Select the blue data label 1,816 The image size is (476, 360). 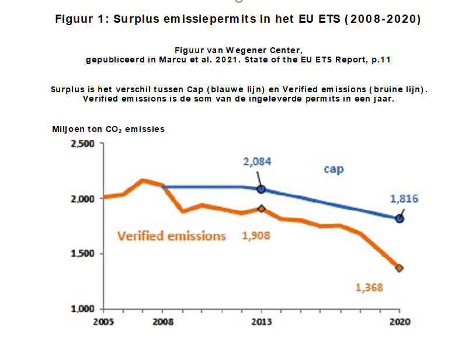(x=404, y=198)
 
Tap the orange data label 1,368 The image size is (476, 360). (x=369, y=287)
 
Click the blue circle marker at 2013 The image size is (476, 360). (x=261, y=189)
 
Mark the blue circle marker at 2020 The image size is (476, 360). (x=399, y=219)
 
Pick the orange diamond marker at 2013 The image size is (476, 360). (x=261, y=208)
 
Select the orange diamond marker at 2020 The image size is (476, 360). (x=399, y=268)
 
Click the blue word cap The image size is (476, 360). (x=334, y=169)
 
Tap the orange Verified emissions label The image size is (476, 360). (x=171, y=236)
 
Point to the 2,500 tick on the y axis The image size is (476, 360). (x=82, y=144)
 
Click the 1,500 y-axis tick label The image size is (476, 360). (x=82, y=254)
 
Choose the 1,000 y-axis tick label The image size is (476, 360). (x=82, y=309)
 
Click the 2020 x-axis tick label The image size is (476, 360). (x=399, y=322)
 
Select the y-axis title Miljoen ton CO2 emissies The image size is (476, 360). (x=108, y=129)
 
